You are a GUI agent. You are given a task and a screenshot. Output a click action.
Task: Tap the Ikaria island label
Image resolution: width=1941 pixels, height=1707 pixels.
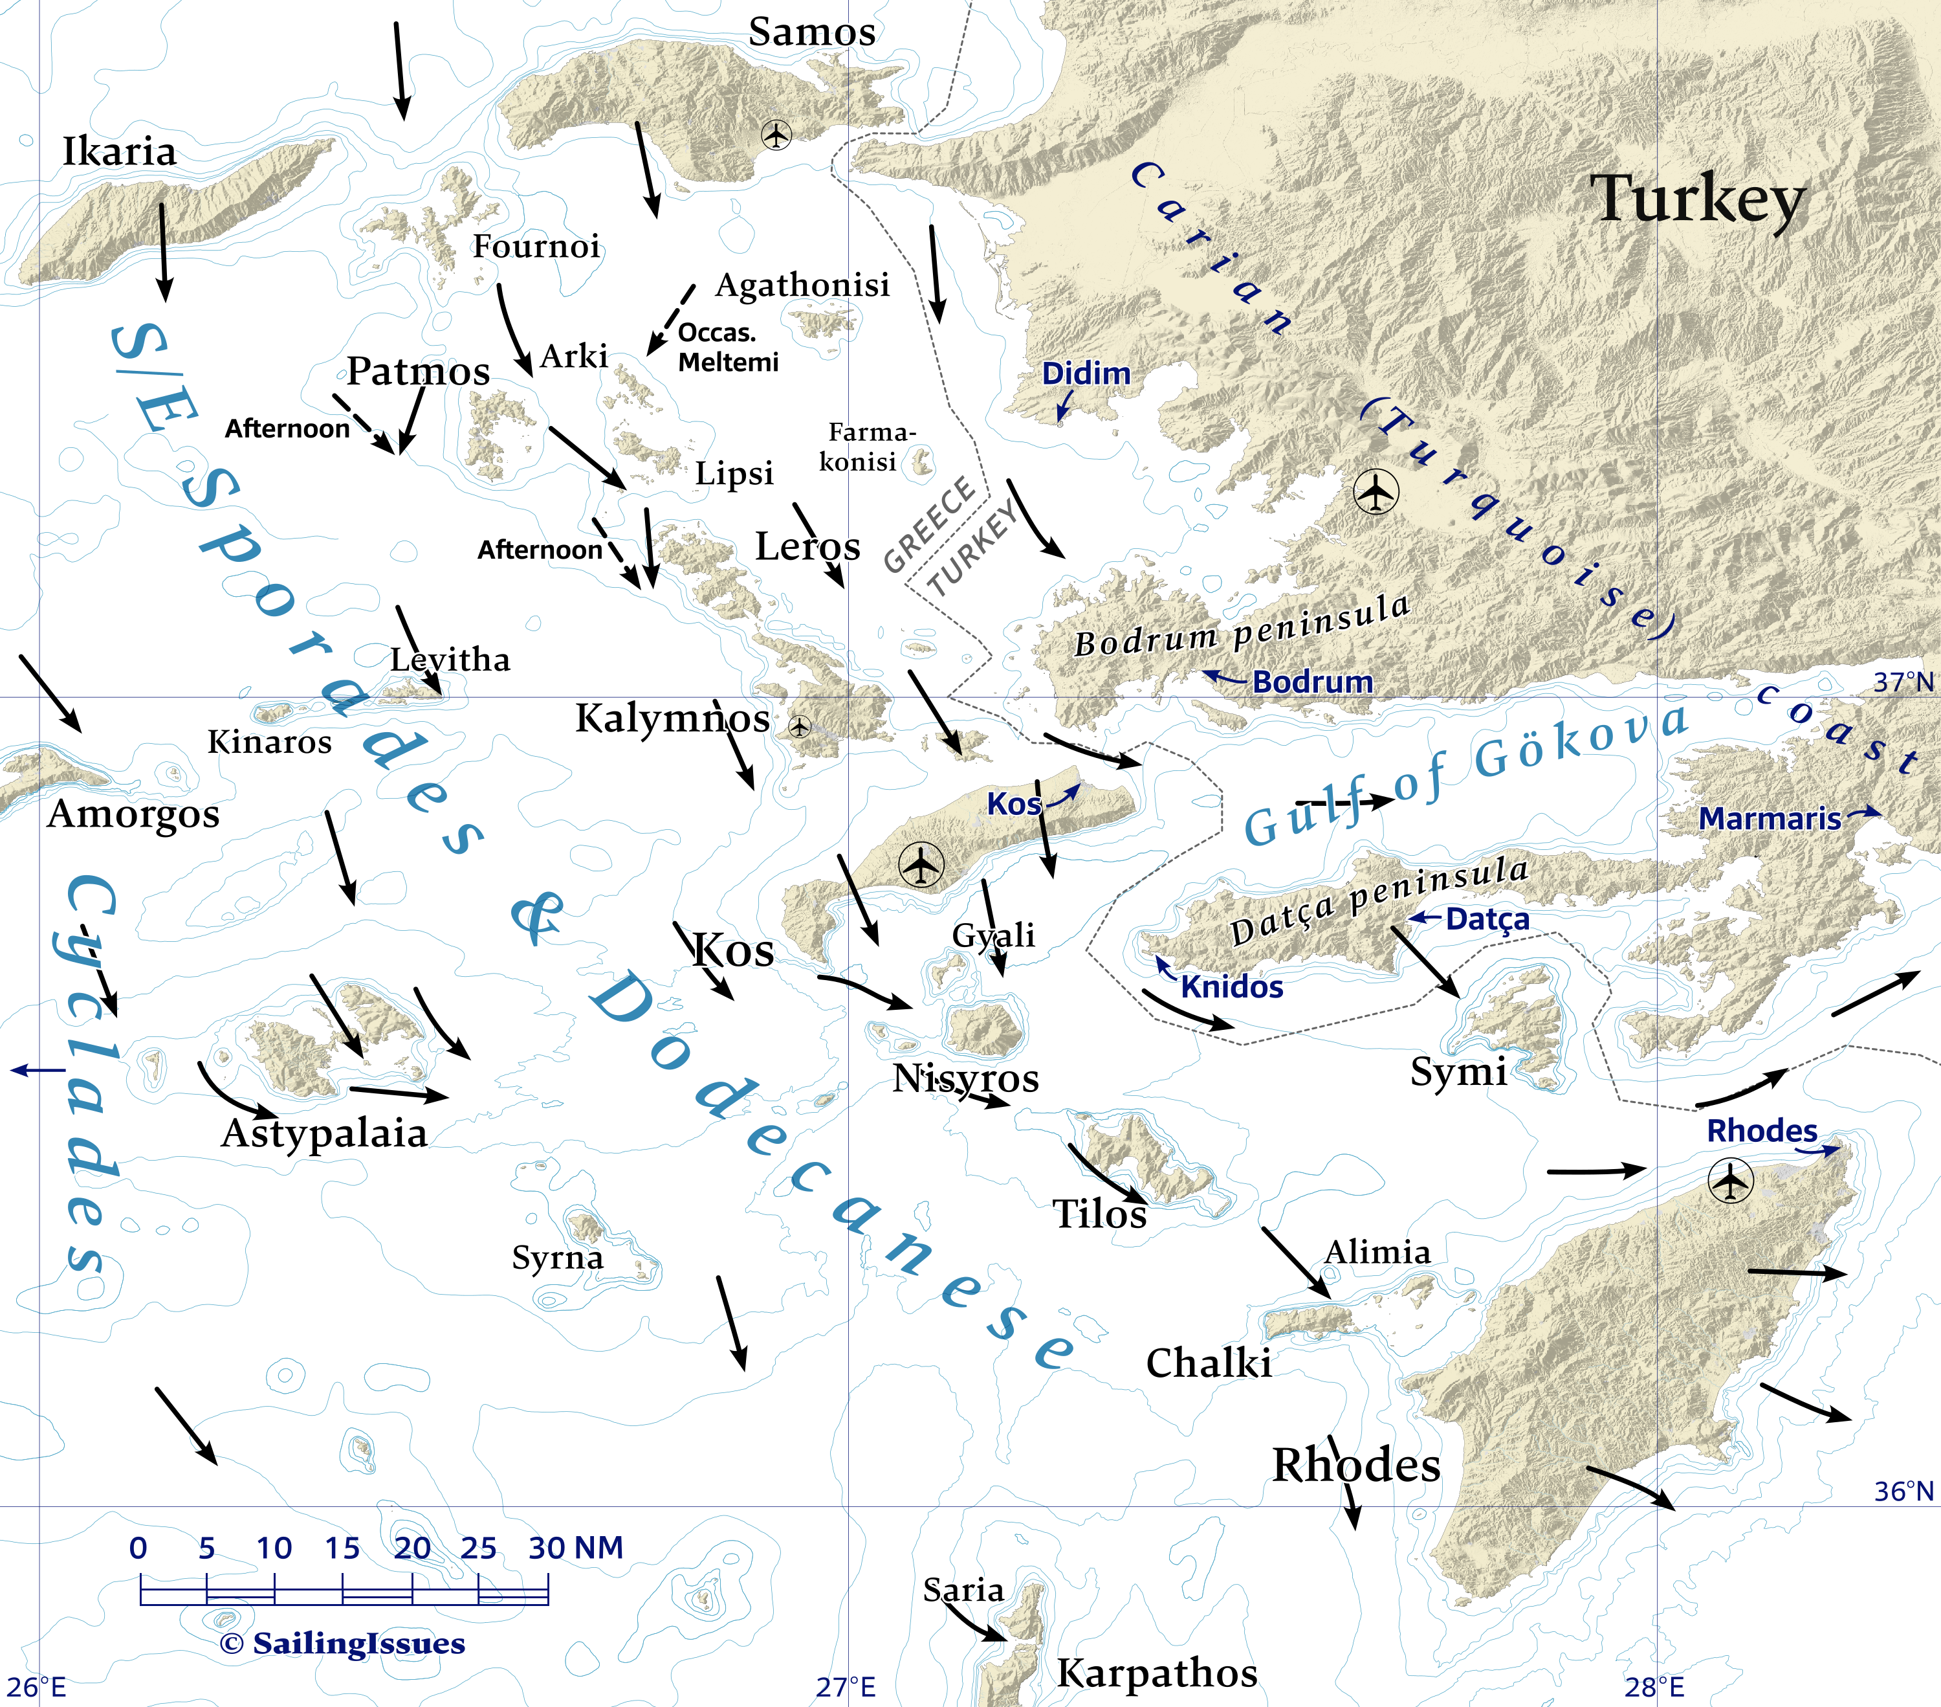pos(120,152)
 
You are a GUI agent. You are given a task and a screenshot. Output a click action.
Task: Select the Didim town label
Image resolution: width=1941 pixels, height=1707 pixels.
pos(1086,374)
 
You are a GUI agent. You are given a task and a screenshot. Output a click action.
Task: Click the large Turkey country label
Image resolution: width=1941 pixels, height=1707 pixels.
pos(1698,199)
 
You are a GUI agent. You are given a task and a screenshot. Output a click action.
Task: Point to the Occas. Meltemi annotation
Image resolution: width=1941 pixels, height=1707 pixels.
pos(727,348)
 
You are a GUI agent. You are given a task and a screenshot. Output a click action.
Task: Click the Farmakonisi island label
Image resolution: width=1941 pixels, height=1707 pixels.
pos(866,447)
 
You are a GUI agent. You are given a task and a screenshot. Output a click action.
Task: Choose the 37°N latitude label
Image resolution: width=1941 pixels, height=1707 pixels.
pos(1903,682)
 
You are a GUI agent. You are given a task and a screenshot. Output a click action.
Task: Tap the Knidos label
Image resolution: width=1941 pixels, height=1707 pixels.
pos(1232,987)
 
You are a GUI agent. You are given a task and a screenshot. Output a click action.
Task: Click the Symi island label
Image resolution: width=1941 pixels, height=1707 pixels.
pos(1458,1071)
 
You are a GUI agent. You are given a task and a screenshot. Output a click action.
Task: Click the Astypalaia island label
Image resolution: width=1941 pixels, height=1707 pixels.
pos(323,1133)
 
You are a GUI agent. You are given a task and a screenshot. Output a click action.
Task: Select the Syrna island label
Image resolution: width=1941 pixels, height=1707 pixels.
pos(558,1258)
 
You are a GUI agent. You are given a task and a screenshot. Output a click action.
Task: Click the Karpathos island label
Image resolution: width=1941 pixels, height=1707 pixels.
pos(1157,1673)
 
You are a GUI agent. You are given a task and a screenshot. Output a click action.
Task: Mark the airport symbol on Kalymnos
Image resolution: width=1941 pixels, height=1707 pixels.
pos(800,728)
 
